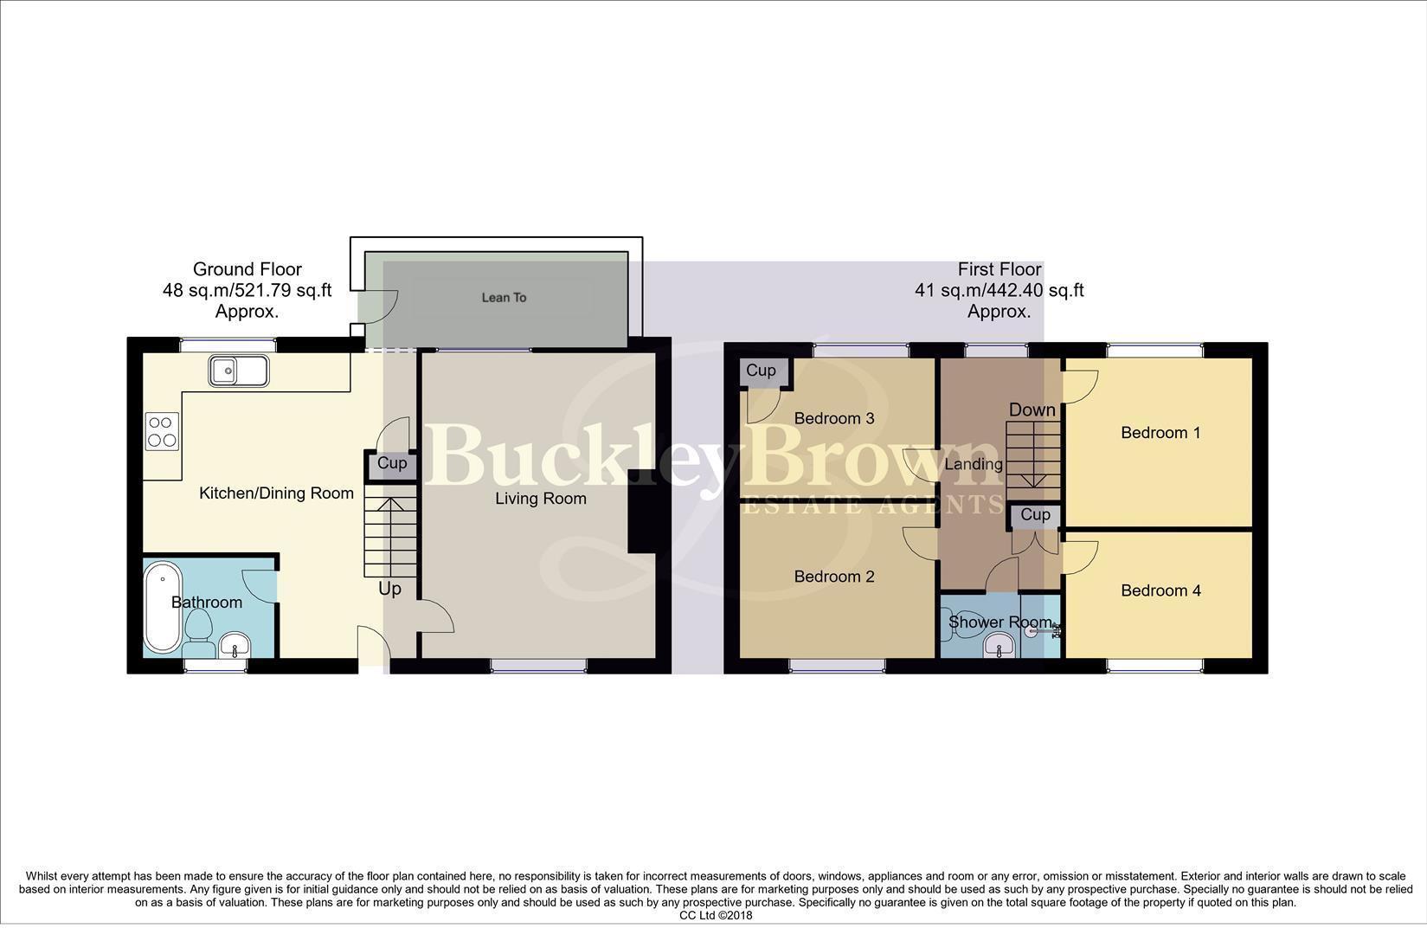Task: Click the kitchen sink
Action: pos(238,371)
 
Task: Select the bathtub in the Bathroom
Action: pos(162,608)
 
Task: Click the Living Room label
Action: pos(541,499)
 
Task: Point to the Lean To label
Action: pos(504,298)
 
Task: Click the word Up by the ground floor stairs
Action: pos(389,589)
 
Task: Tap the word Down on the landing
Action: pos(1032,409)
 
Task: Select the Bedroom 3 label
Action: pos(834,418)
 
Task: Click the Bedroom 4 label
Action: pos(1160,590)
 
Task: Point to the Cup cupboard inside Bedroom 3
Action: pos(761,371)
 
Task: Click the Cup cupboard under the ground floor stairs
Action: pos(391,463)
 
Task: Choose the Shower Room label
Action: pos(1000,622)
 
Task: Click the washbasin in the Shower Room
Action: pos(1000,645)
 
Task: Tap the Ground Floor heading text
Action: pos(247,269)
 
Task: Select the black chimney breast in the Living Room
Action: pos(641,511)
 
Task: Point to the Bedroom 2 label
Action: pos(834,577)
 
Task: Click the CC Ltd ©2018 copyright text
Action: pos(716,915)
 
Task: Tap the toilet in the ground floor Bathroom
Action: pos(200,630)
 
